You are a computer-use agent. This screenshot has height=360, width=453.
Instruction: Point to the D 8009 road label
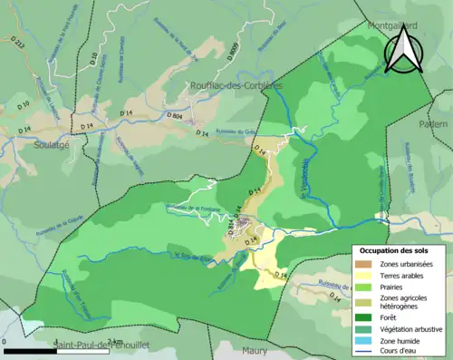(233, 54)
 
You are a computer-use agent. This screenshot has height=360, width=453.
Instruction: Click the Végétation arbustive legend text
(412, 329)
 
